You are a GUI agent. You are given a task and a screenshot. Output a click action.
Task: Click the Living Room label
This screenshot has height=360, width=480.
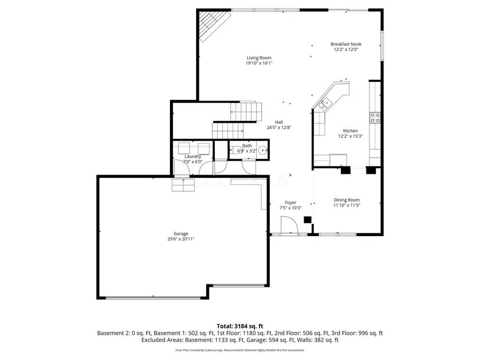pyautogui.click(x=259, y=58)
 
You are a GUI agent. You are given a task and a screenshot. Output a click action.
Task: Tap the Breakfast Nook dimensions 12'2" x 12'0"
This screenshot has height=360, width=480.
pyautogui.click(x=346, y=49)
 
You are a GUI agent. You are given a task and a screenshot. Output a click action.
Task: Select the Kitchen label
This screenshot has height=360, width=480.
pyautogui.click(x=350, y=131)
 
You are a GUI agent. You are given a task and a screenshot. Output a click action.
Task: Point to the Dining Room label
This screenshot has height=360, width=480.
pyautogui.click(x=347, y=200)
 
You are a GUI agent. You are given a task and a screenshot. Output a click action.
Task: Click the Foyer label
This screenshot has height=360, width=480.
pyautogui.click(x=290, y=202)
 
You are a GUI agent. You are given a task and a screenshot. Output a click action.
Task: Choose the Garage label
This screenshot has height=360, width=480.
pyautogui.click(x=180, y=234)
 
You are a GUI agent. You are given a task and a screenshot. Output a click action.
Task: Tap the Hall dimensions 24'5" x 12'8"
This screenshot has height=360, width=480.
pyautogui.click(x=279, y=127)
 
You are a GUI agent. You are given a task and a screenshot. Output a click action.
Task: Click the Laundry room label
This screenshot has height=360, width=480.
pyautogui.click(x=193, y=156)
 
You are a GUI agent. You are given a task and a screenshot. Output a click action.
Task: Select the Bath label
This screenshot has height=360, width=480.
pyautogui.click(x=247, y=146)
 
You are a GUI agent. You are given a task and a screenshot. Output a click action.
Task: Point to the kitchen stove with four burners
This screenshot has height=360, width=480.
pyautogui.click(x=375, y=118)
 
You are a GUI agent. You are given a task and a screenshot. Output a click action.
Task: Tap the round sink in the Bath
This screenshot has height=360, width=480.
pyautogui.click(x=262, y=150)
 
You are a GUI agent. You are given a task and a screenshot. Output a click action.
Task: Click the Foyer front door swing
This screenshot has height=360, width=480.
pyautogui.click(x=289, y=225)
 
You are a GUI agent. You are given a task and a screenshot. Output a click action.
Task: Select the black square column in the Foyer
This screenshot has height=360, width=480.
pyautogui.click(x=307, y=219)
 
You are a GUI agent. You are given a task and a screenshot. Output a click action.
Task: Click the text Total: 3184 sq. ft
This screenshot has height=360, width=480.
pyautogui.click(x=240, y=326)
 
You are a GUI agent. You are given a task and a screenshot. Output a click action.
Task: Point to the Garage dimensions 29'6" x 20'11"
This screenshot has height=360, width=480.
pyautogui.click(x=180, y=239)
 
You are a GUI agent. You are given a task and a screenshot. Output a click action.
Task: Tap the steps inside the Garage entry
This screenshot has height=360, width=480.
pyautogui.click(x=183, y=186)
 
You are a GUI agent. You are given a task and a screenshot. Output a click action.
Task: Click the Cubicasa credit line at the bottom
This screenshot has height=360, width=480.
pyautogui.click(x=240, y=350)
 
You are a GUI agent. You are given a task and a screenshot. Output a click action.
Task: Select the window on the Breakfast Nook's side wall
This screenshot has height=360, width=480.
pyautogui.click(x=382, y=45)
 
